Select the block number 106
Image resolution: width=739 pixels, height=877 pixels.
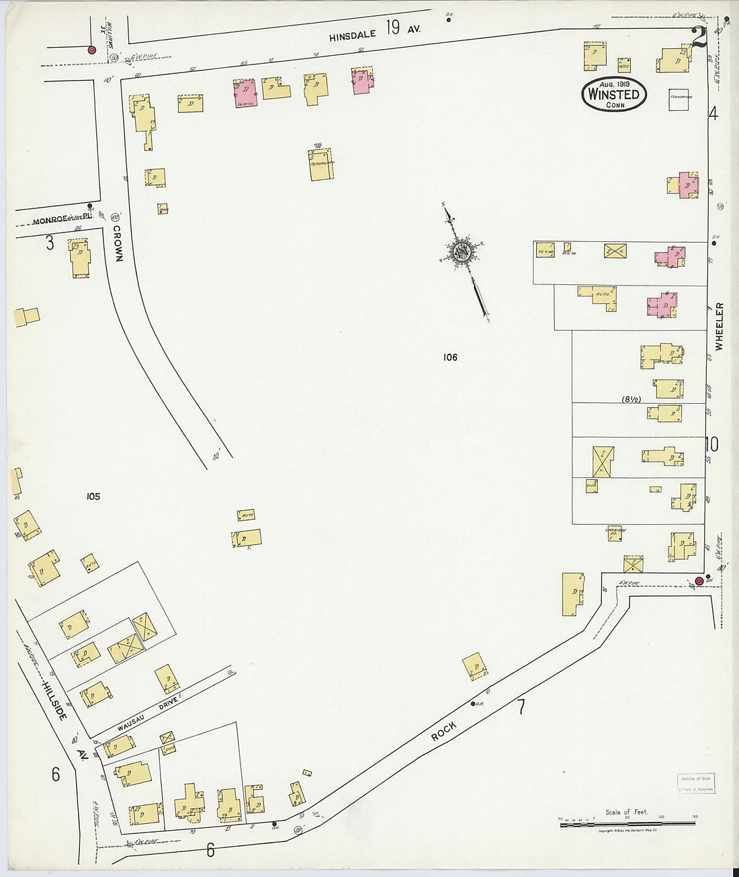coord(450,358)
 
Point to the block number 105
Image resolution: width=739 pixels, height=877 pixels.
coord(93,497)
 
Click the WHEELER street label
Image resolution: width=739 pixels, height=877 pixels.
coord(720,327)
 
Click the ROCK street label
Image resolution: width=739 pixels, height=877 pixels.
coord(444,731)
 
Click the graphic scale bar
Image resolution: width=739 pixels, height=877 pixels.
coord(627,823)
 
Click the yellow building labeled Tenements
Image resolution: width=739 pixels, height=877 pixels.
coord(320,165)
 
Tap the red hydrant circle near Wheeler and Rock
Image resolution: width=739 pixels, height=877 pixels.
coord(699,581)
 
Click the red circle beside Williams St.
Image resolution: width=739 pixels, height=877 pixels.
coord(92,50)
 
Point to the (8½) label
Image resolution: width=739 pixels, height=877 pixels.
coord(631,399)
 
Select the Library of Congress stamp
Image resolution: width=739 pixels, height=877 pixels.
coord(696,784)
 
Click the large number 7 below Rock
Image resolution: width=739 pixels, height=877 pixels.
coord(521,706)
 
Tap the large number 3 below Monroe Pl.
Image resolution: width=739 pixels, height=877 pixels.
coord(50,243)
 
